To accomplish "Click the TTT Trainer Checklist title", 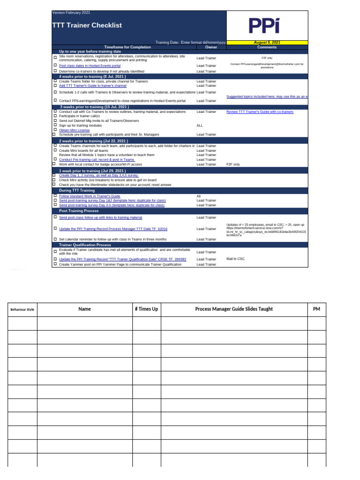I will tap(87, 25).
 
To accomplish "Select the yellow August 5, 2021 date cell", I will tap(267, 42).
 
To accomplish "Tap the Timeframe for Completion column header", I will tap(127, 47).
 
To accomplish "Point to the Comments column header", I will tap(267, 47).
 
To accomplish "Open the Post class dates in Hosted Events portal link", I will tap(90, 66).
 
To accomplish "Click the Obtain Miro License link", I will tap(74, 130).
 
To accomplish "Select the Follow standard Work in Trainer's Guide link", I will tap(90, 196).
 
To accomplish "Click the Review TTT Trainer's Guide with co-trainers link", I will tap(260, 112).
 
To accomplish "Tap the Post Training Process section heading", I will tap(79, 211).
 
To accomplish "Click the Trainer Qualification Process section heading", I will tap(85, 245).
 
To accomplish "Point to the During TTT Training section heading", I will tap(77, 190).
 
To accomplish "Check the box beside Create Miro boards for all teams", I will tap(55, 150).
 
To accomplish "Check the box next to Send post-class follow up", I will tap(55, 217).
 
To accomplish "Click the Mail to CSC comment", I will tap(235, 259).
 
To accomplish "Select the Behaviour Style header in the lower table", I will tap(22, 309).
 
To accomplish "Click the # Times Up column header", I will tap(146, 309).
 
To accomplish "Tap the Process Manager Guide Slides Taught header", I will tap(233, 309).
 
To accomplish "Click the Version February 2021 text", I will tap(71, 12).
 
